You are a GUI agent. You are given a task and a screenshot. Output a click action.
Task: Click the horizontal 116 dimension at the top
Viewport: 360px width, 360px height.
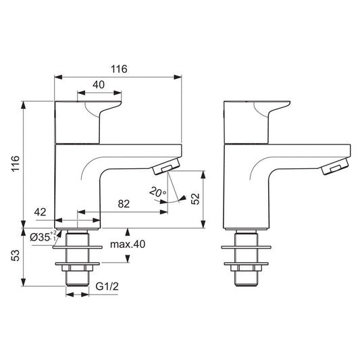(x=119, y=69)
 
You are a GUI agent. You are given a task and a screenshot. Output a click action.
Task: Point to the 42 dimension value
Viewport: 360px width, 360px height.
(x=40, y=212)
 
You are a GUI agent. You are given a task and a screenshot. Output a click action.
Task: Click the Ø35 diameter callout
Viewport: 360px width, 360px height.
(x=45, y=237)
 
